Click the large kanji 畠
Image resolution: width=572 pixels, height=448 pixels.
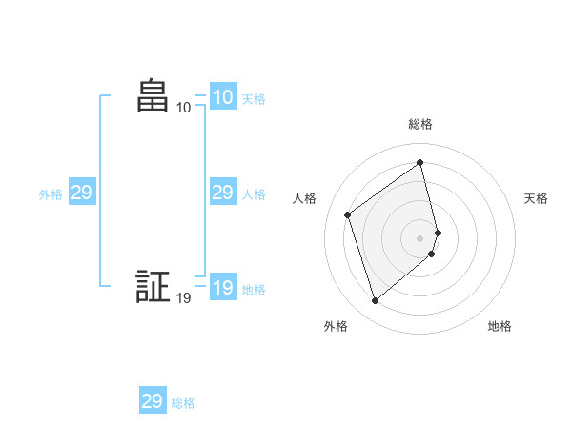[x=152, y=96]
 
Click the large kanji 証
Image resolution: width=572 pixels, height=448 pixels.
[x=152, y=287]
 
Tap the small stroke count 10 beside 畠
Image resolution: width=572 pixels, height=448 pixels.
[x=183, y=108]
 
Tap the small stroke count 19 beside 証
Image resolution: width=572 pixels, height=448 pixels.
[x=183, y=298]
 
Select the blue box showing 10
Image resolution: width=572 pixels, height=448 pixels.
[x=222, y=97]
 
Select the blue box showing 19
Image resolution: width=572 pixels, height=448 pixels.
[x=222, y=288]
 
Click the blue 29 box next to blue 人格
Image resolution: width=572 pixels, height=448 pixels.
[x=222, y=193]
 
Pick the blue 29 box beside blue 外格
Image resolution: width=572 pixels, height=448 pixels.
[x=81, y=193]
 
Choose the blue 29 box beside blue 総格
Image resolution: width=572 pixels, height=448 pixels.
[x=152, y=401]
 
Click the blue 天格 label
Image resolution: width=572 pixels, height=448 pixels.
[x=254, y=98]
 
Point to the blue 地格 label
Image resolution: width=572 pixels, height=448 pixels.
[x=254, y=289]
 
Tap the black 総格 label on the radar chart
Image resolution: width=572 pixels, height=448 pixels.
[x=420, y=124]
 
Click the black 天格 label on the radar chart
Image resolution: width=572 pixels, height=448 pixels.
[x=536, y=198]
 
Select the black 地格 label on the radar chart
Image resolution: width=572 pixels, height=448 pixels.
[x=500, y=326]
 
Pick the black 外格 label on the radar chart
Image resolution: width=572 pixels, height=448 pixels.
[x=336, y=326]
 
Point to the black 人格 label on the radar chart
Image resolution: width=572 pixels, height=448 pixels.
[x=305, y=198]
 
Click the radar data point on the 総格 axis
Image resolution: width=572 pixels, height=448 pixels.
[x=420, y=162]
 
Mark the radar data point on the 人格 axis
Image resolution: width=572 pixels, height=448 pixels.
[x=348, y=214]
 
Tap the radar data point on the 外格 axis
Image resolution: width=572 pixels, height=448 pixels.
[x=376, y=301]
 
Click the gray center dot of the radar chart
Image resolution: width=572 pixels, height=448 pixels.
[x=420, y=237]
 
